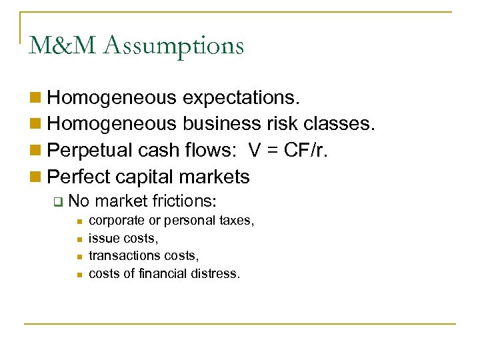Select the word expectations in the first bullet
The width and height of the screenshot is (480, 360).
tap(241, 98)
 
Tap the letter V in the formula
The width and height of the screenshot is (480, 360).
tap(254, 150)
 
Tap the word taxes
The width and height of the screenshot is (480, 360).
tap(237, 220)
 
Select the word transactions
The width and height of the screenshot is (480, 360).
tap(119, 255)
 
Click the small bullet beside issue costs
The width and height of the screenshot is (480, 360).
tap(78, 238)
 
